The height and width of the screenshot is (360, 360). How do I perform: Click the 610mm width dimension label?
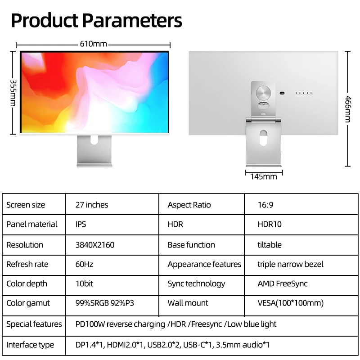tap(94, 44)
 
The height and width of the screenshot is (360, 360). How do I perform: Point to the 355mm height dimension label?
tap(13, 93)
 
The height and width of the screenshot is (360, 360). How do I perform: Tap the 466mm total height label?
tap(348, 109)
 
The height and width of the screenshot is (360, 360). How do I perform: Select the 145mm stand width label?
tap(264, 176)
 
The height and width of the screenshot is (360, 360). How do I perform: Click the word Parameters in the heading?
tap(132, 21)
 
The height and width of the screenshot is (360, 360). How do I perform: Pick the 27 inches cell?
tap(92, 205)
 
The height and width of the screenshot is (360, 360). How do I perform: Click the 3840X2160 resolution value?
tap(95, 245)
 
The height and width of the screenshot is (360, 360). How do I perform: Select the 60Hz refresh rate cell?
tap(84, 264)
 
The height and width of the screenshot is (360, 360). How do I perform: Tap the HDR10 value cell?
tap(270, 224)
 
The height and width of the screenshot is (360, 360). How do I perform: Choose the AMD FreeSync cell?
tap(283, 284)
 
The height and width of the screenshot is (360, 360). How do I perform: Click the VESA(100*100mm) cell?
tap(290, 303)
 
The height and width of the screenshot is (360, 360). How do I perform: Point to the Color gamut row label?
tap(28, 303)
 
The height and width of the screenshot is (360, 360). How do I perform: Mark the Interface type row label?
tap(30, 345)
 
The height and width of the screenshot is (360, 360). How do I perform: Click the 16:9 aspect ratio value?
tap(265, 205)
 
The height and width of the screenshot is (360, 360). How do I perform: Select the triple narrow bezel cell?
tap(290, 264)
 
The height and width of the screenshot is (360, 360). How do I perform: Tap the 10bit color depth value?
tap(84, 284)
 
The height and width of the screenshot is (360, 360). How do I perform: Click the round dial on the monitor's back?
tap(263, 93)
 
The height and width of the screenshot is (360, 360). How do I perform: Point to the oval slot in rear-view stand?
tap(263, 138)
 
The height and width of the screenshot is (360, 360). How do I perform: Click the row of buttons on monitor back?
tap(303, 93)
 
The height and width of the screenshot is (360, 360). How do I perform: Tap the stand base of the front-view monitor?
tap(94, 165)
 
